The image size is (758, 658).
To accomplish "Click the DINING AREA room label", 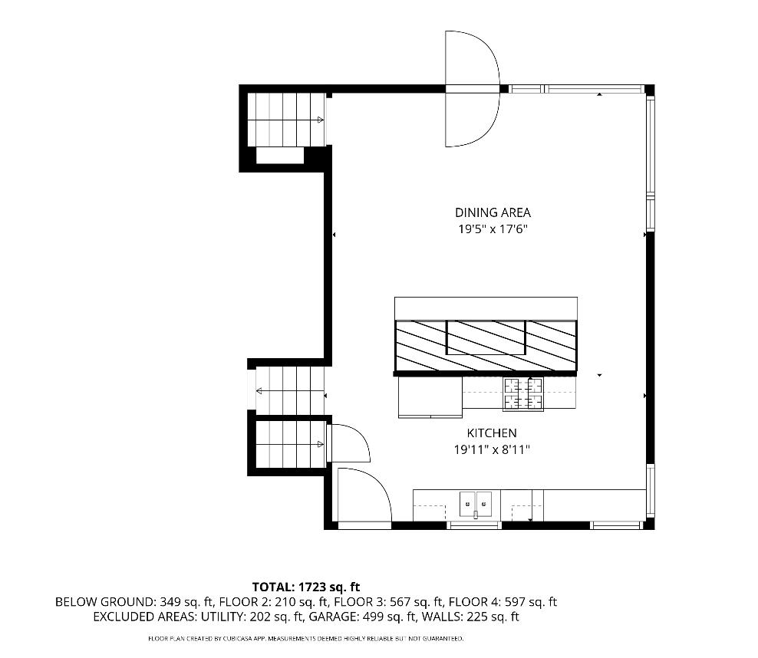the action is click(x=493, y=212).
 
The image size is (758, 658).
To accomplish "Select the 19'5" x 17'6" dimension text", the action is click(x=493, y=229).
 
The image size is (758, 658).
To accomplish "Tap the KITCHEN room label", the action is click(x=492, y=433).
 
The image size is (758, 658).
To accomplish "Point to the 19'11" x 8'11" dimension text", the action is click(x=492, y=449).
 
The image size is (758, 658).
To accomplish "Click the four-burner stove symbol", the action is click(x=523, y=393).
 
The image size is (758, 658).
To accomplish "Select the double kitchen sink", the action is click(x=476, y=505).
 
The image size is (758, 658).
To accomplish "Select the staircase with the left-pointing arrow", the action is click(x=290, y=390).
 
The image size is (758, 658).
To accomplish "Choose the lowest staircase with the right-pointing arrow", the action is click(x=289, y=444).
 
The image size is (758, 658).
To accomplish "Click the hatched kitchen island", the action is click(x=486, y=346).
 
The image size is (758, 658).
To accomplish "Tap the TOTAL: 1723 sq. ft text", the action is click(x=306, y=587).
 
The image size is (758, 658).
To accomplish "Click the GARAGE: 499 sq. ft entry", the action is click(x=363, y=617).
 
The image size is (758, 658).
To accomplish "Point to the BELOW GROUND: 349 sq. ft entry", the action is click(x=134, y=602).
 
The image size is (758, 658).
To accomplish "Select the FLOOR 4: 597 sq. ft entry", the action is click(x=503, y=602).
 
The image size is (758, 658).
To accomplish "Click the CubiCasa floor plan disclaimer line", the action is click(x=305, y=639).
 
